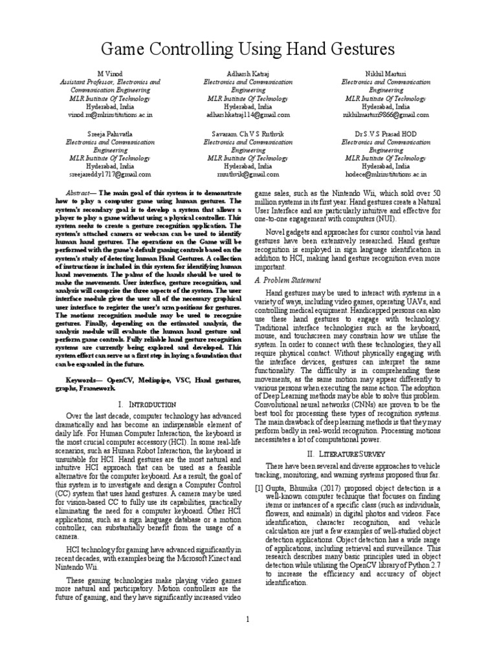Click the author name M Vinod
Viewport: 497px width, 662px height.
(109, 75)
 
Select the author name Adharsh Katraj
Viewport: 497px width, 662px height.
(248, 75)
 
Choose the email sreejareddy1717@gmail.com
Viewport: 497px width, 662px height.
(109, 174)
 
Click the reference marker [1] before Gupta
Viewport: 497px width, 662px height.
(259, 487)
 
